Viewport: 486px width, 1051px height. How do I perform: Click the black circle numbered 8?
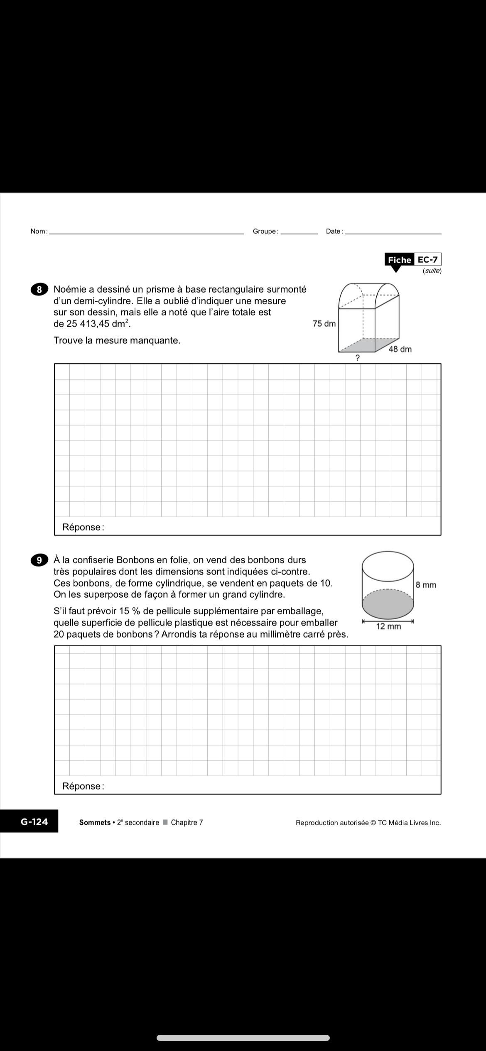39,290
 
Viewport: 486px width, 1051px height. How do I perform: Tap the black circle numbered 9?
39,560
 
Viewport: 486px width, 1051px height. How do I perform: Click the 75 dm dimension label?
324,324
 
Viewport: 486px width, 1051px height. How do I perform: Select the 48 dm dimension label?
400,350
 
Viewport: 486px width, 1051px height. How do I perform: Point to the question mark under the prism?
357,358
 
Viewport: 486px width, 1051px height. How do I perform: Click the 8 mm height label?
426,585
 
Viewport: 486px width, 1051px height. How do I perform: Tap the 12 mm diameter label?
388,626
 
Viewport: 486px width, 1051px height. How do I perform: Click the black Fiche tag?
399,260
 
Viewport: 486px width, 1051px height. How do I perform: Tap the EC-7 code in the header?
427,260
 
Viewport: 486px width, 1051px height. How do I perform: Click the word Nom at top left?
39,231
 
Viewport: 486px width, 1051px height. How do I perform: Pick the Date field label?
334,231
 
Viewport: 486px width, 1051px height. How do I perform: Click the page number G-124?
34,821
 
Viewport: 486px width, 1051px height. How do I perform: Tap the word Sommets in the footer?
95,822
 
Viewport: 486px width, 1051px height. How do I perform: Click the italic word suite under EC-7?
432,271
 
